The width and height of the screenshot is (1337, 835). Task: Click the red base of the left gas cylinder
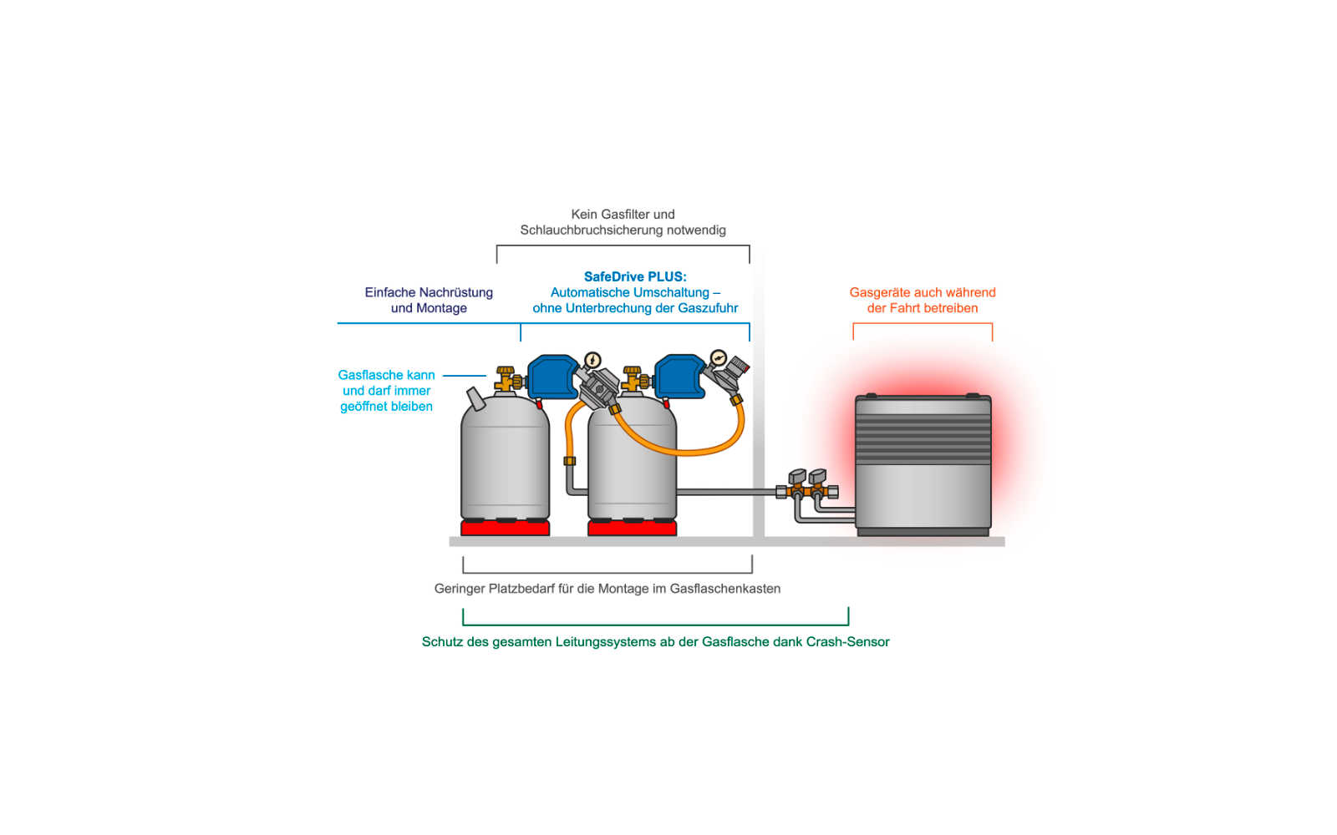(x=505, y=528)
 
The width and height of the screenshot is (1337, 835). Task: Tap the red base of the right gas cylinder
(x=632, y=528)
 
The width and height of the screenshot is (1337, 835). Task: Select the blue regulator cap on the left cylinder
(x=552, y=377)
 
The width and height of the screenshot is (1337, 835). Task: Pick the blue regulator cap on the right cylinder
(x=680, y=377)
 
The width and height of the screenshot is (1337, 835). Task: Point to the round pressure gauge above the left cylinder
(x=592, y=360)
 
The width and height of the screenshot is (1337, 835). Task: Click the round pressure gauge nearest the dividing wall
(x=719, y=358)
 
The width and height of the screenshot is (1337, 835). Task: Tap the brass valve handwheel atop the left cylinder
(x=506, y=372)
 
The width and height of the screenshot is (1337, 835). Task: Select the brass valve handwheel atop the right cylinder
(x=632, y=372)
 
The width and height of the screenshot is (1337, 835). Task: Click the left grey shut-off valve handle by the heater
(x=797, y=477)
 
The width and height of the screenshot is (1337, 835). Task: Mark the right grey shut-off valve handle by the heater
(x=817, y=477)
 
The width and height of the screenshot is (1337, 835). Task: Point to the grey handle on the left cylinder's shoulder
(x=476, y=399)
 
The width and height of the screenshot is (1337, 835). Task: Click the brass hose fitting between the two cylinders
(x=569, y=461)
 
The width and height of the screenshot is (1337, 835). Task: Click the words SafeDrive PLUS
(x=635, y=276)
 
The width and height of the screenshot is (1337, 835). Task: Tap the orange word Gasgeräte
(x=878, y=293)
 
